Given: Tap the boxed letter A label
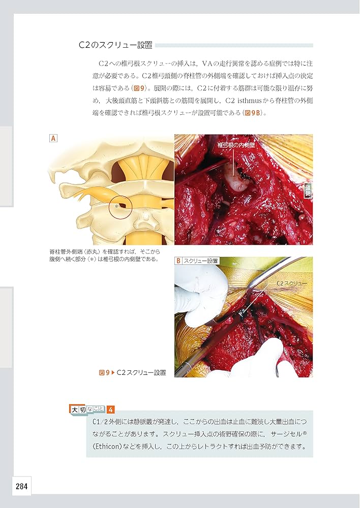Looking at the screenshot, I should tap(52, 138).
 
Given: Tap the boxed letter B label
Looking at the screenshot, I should tap(178, 261).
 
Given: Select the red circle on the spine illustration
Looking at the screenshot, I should tap(120, 207).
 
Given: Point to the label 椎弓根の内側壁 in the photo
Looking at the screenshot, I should tap(235, 145).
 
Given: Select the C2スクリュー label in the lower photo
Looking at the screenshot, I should tap(292, 283).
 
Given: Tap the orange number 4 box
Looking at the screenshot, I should tap(111, 409).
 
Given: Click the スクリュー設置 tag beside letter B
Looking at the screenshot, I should tap(201, 261).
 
